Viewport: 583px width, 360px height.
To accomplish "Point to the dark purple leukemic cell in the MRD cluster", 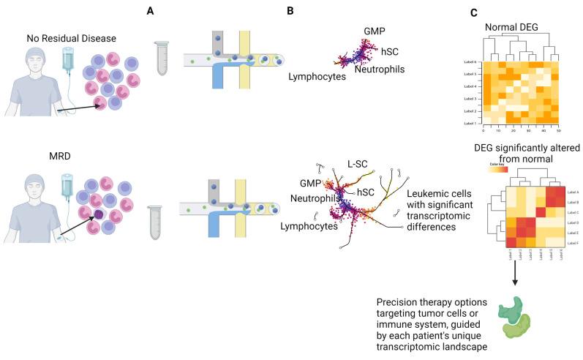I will tap(97, 215).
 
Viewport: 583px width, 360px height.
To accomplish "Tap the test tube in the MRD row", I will tap(154, 222).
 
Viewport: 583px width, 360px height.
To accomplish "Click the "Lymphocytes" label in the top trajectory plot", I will tap(316, 75).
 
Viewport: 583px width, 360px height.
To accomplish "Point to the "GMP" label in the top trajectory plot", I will tap(375, 31).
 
